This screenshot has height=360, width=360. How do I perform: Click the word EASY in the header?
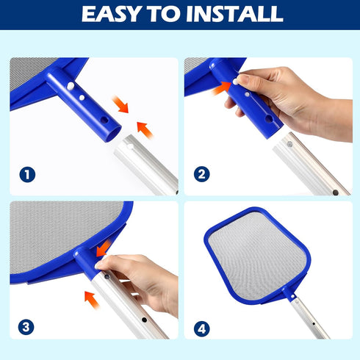(x=112, y=14)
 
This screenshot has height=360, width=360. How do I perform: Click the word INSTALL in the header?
(x=234, y=14)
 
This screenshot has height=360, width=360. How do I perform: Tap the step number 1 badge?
(x=27, y=175)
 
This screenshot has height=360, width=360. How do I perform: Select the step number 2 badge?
(x=201, y=174)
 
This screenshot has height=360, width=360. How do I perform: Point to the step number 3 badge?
(x=26, y=327)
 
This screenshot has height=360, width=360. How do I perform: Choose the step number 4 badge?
(x=202, y=329)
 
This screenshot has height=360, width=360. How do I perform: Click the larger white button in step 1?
(x=71, y=86)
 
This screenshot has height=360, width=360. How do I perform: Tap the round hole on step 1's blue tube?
(x=104, y=120)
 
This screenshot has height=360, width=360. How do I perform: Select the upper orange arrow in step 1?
(x=120, y=104)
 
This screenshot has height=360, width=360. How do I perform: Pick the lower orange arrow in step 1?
(x=145, y=130)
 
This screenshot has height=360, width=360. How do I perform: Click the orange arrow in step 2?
(x=221, y=89)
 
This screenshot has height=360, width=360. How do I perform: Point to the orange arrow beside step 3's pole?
(x=92, y=300)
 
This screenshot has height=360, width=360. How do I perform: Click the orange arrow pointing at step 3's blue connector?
(x=104, y=248)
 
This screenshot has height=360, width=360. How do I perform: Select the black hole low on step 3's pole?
(x=144, y=320)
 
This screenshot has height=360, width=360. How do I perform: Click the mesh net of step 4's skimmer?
(x=256, y=255)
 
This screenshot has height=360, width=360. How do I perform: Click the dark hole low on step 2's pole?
(x=336, y=192)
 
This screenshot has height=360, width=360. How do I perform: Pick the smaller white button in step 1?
(x=82, y=98)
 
